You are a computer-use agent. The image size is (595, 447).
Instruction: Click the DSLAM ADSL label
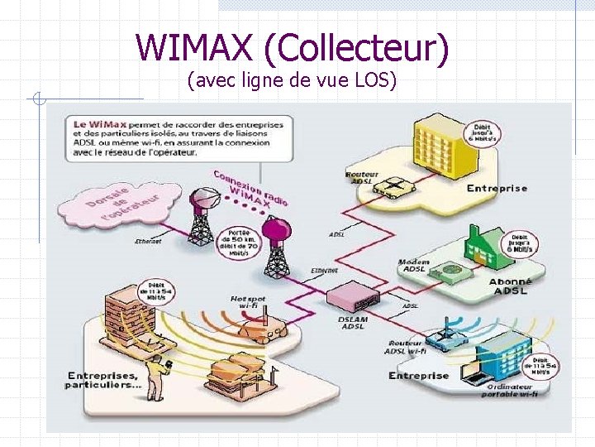[353, 321]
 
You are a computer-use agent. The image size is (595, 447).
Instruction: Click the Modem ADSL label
[412, 267]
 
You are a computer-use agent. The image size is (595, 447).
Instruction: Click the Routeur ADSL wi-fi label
[405, 347]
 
